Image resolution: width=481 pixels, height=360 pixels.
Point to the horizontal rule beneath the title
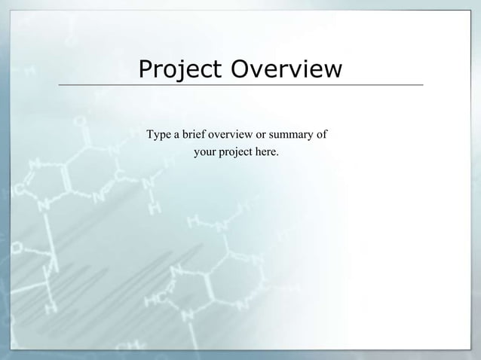click(x=240, y=85)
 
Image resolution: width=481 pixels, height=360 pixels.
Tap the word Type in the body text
click(x=158, y=136)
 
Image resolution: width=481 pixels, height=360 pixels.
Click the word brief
click(x=194, y=136)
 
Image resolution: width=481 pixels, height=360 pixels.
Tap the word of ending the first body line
click(x=321, y=136)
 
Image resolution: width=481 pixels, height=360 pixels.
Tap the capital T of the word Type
click(x=150, y=136)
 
